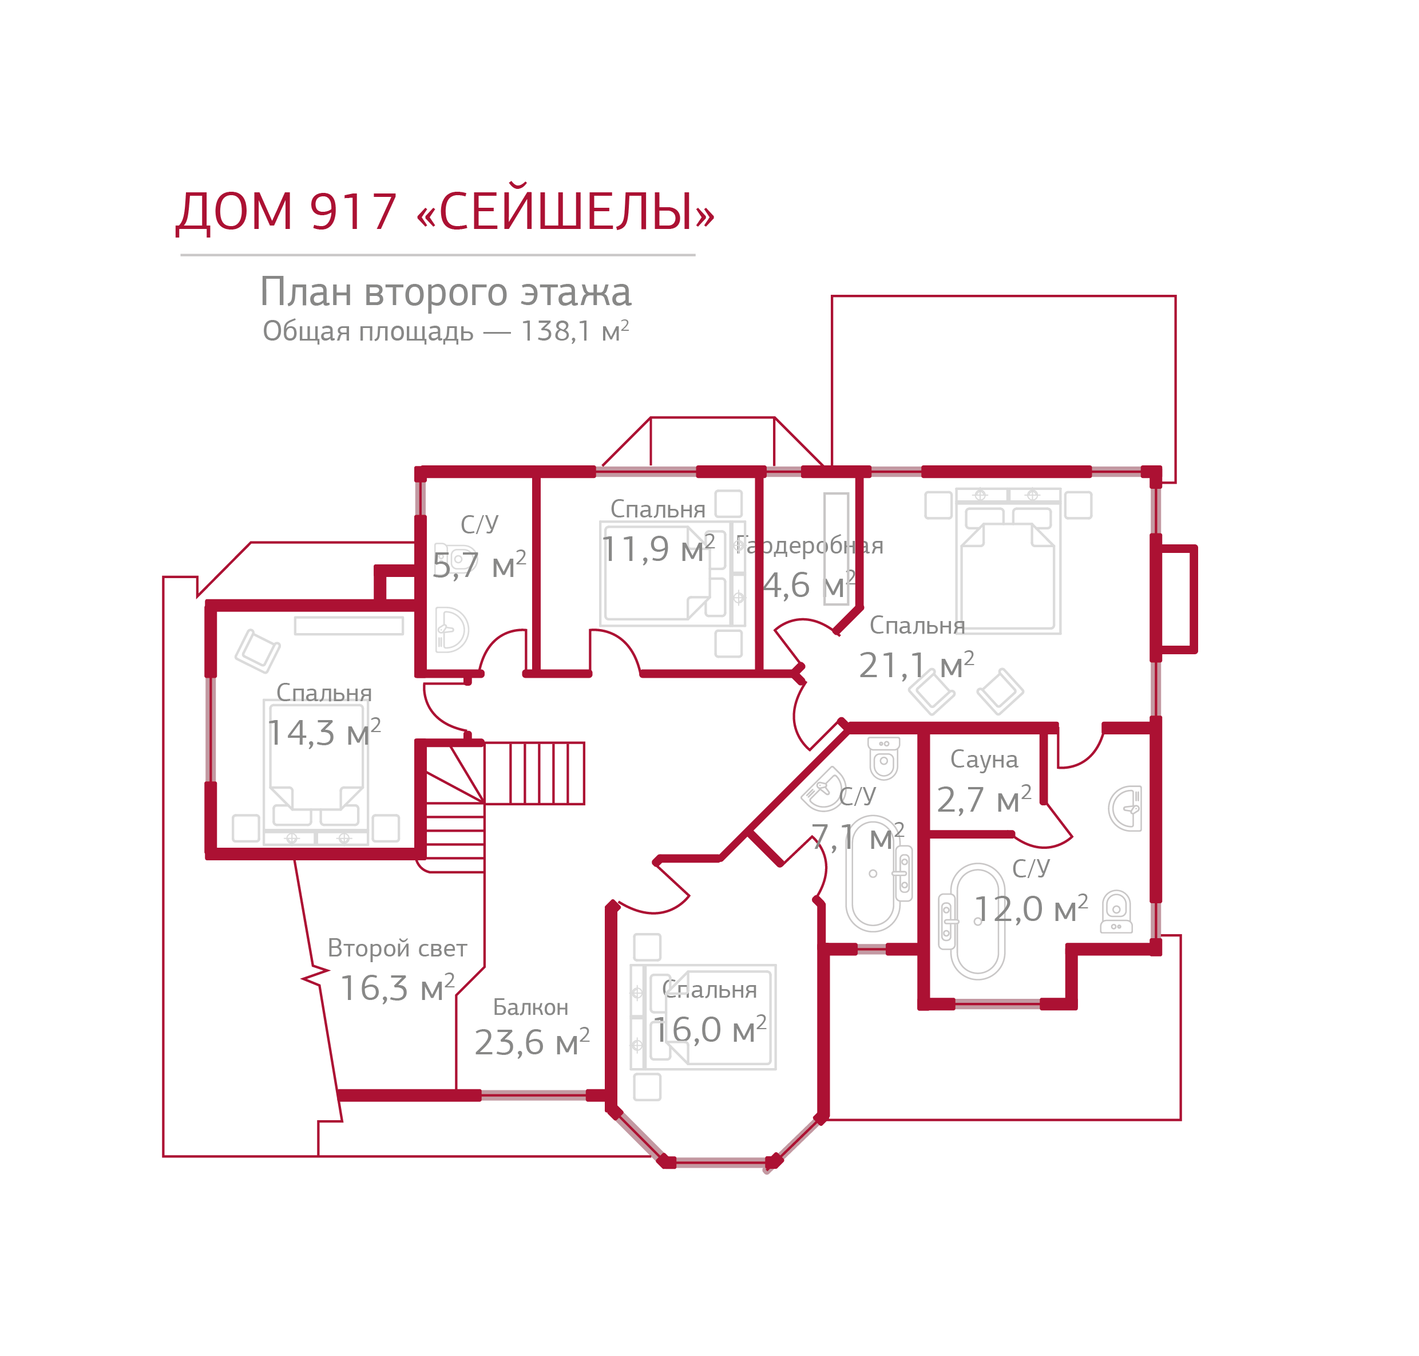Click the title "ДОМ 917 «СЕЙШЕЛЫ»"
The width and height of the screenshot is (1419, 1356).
[445, 212]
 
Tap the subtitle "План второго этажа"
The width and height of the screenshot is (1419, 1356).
[445, 292]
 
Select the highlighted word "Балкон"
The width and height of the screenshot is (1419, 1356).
[530, 1007]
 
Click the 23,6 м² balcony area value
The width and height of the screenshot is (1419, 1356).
[532, 1042]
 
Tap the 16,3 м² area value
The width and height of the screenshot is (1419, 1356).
[397, 987]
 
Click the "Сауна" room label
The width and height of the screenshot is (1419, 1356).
[984, 759]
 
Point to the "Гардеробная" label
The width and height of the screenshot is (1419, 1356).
[809, 545]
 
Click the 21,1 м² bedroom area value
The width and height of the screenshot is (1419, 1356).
[915, 665]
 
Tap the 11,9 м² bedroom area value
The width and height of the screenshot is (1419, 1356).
[657, 548]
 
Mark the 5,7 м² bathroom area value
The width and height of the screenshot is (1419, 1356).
[479, 564]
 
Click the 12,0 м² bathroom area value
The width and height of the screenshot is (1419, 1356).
[1030, 908]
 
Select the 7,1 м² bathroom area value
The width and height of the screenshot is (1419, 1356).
[857, 837]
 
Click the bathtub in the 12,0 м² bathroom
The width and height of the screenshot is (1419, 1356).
[977, 922]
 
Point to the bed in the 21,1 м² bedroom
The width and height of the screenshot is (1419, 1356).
[1008, 564]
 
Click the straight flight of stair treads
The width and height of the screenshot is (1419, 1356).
[534, 773]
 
